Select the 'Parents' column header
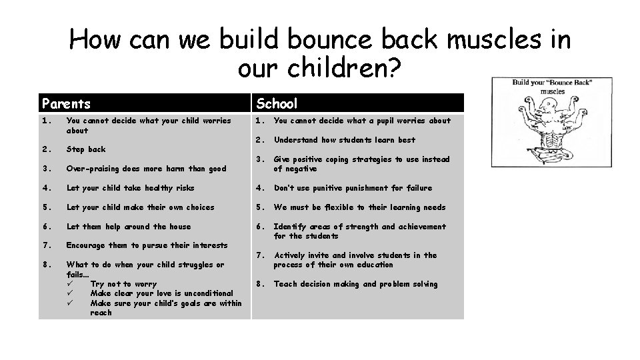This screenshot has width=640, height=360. [67, 103]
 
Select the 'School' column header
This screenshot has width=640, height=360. [277, 103]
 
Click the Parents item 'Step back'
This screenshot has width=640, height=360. [86, 149]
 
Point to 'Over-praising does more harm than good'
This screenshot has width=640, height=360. [146, 169]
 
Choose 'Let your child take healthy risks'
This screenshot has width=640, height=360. [131, 188]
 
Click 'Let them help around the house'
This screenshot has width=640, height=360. [129, 227]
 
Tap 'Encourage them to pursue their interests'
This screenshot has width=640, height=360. [147, 245]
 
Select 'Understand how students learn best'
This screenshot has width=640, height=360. [345, 140]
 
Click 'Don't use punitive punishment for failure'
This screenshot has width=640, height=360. [353, 188]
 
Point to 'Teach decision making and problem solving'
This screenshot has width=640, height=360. [355, 284]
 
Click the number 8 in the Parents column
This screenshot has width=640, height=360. [45, 265]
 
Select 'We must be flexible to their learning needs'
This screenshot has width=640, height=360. [360, 207]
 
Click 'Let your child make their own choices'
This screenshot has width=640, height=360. [141, 207]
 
